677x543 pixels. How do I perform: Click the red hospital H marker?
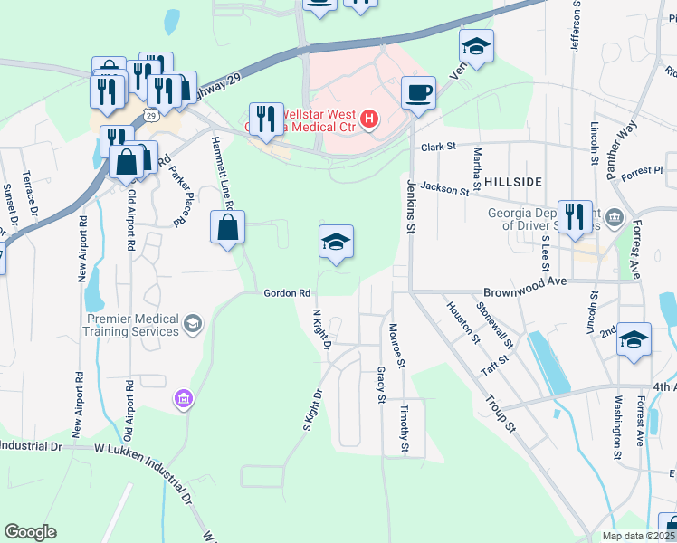coord(368,119)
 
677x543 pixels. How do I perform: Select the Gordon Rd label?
coord(288,293)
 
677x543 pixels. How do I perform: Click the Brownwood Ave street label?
coord(524,281)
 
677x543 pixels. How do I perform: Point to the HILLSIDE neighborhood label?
coord(511,181)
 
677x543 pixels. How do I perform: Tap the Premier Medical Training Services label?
coord(134,325)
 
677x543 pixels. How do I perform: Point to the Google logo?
coord(30,532)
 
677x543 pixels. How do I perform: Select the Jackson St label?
coord(443,189)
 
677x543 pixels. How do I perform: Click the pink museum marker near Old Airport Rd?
coord(184,399)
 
